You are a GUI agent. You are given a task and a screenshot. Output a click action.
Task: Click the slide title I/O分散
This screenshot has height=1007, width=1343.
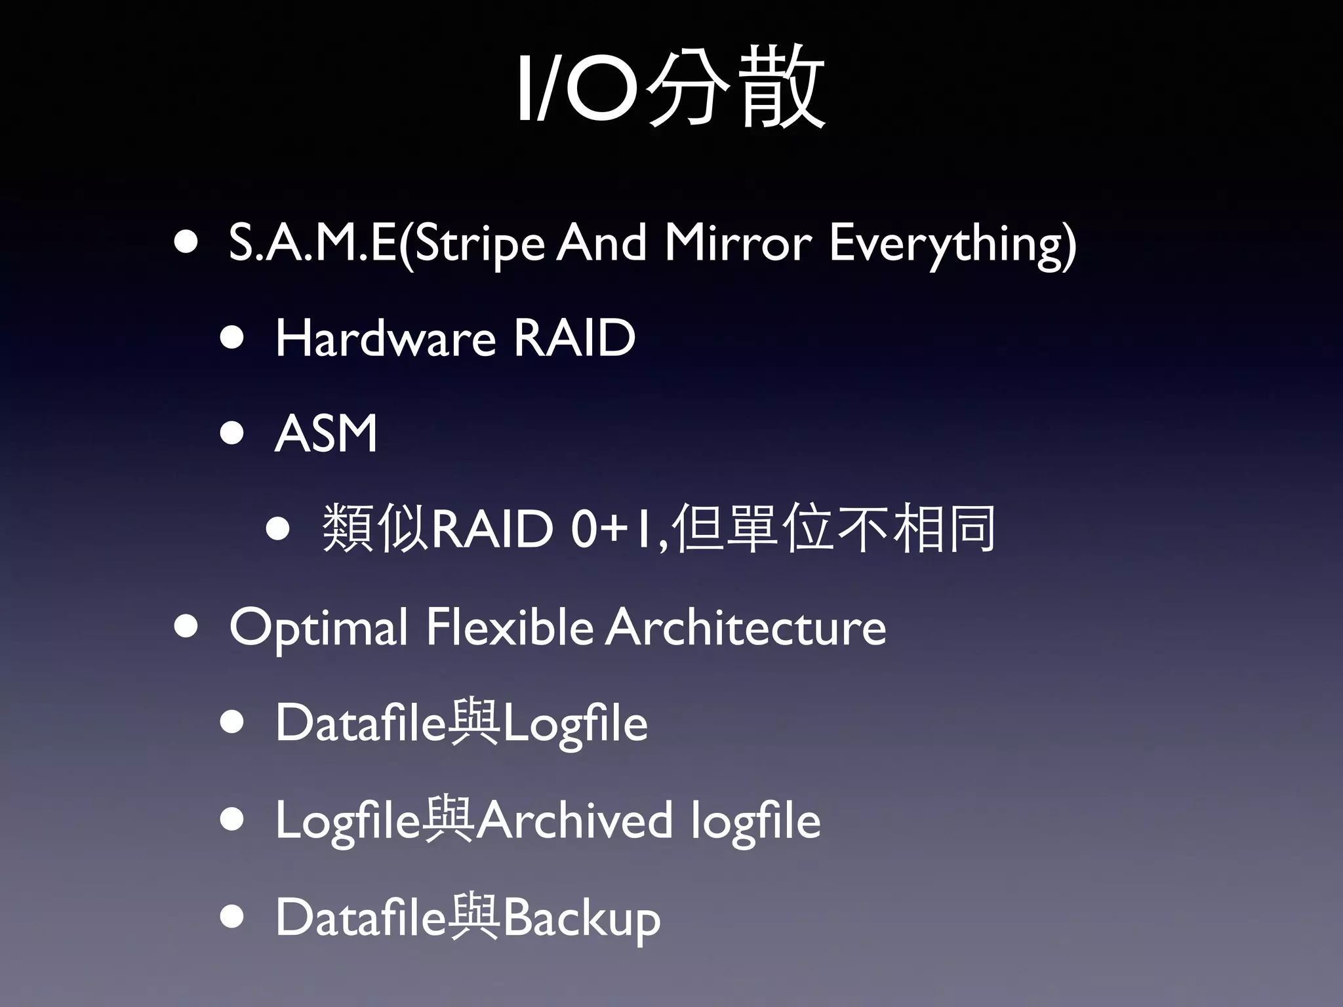670,88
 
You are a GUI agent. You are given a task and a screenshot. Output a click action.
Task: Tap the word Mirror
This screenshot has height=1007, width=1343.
738,243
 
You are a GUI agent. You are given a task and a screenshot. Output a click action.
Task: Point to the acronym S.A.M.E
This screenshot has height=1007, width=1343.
312,243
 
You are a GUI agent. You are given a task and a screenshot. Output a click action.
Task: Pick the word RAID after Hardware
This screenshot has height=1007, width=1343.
574,338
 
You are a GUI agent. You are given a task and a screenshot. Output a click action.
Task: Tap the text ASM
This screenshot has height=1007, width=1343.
326,434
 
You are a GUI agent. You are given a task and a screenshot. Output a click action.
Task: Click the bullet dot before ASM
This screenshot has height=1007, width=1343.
232,433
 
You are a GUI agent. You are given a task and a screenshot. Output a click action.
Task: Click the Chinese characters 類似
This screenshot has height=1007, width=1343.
376,528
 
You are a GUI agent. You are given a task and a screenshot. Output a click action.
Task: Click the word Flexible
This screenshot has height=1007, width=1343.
510,627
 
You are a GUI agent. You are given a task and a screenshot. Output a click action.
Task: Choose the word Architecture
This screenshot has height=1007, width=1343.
746,627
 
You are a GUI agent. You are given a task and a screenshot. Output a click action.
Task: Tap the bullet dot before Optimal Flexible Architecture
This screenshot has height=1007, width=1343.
186,626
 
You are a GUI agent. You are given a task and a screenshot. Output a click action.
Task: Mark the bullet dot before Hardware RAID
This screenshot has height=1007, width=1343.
232,338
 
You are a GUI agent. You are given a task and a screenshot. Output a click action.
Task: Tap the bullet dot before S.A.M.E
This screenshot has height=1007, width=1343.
186,242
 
